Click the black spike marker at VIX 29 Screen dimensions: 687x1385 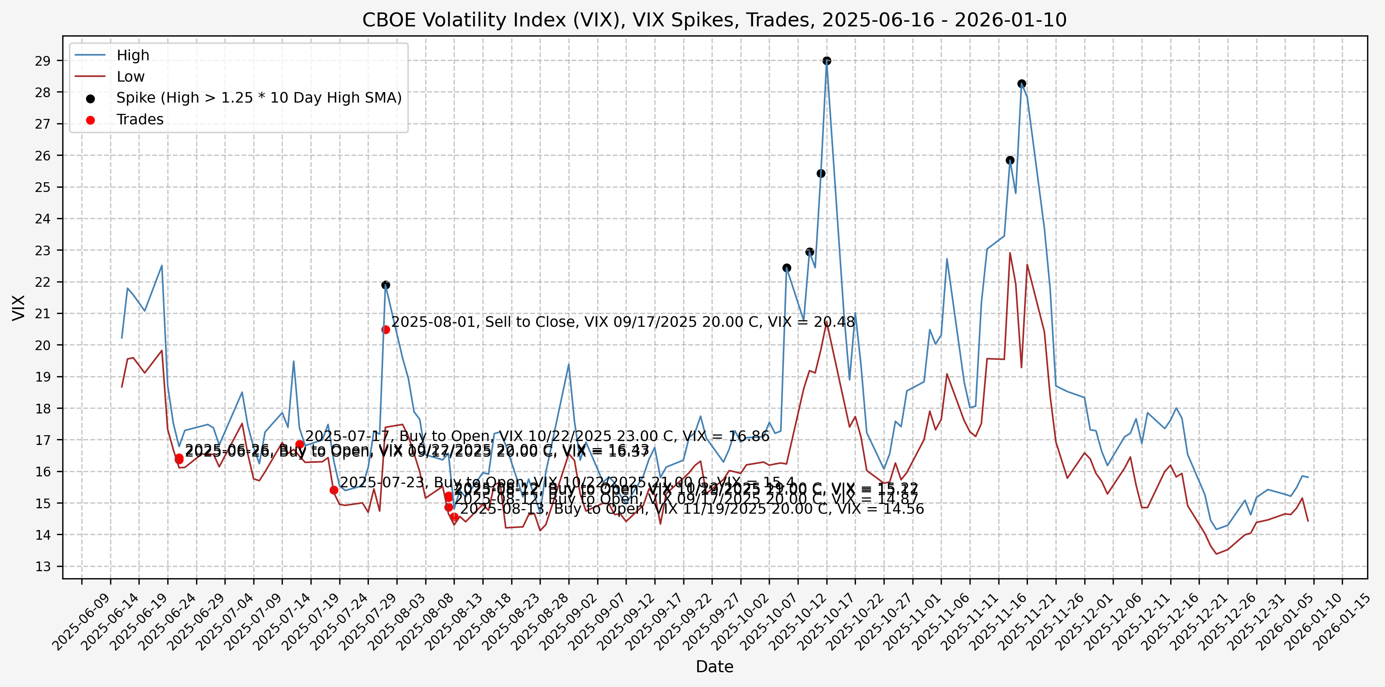pyautogui.click(x=827, y=61)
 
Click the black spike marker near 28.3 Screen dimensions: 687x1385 pyautogui.click(x=1022, y=84)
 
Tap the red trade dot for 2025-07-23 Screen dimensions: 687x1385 pyautogui.click(x=334, y=490)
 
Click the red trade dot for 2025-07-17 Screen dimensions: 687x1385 pyautogui.click(x=300, y=444)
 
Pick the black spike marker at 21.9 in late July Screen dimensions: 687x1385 pyautogui.click(x=386, y=285)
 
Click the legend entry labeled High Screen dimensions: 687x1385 pyautogui.click(x=133, y=55)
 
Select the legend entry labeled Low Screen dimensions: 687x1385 pyautogui.click(x=131, y=77)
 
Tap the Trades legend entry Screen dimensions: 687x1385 pyautogui.click(x=140, y=119)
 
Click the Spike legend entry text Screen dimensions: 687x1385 pyautogui.click(x=259, y=98)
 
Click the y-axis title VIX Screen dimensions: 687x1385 pyautogui.click(x=19, y=307)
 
